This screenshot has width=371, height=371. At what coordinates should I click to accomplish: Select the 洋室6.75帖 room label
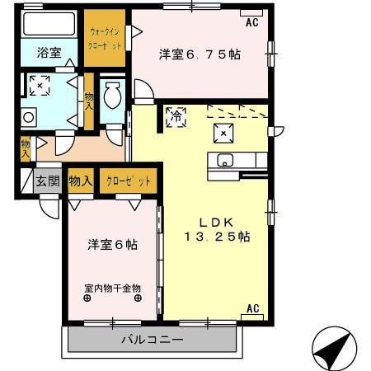point(200,54)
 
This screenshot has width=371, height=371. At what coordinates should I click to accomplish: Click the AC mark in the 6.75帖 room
point(251,23)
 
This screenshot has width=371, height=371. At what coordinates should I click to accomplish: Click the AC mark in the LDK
point(253,309)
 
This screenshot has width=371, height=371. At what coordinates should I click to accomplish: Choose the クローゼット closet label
point(129,181)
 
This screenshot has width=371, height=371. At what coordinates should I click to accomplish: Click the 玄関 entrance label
point(47,181)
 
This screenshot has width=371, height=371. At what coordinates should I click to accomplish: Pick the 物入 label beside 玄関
point(81,181)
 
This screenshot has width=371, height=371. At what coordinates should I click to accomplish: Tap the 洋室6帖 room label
point(113,245)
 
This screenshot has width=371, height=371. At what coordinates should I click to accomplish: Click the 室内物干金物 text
point(113,289)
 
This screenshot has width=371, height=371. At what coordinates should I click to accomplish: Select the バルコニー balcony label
point(153,339)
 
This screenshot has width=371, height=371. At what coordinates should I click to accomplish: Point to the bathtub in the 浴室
point(49,23)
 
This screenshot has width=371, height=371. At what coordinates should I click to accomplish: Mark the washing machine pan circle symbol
point(28,117)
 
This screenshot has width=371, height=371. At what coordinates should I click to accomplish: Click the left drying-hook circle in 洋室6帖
point(87,298)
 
